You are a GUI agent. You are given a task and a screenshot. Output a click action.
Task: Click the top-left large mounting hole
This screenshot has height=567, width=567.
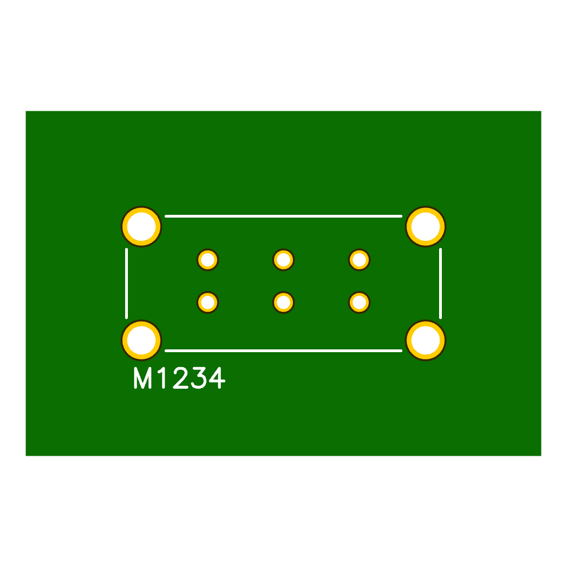(x=141, y=226)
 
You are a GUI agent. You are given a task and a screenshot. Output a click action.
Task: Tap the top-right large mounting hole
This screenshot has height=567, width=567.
(x=426, y=226)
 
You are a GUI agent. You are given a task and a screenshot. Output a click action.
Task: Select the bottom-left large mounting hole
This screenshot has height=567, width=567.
(x=141, y=340)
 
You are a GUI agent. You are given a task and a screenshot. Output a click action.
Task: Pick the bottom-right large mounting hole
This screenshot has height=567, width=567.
(x=426, y=340)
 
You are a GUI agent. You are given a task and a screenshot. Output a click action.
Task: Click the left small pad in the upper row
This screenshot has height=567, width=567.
(x=208, y=260)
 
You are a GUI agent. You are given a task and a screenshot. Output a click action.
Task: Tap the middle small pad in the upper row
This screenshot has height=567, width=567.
(x=283, y=260)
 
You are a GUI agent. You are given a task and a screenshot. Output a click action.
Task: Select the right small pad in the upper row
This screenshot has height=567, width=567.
(x=359, y=260)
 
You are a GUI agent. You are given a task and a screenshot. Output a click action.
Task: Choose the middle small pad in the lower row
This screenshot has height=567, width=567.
(x=283, y=302)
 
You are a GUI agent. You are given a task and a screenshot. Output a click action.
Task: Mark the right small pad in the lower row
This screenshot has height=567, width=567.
(x=359, y=302)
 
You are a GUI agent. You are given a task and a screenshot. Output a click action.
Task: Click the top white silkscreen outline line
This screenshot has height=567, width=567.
(x=283, y=216)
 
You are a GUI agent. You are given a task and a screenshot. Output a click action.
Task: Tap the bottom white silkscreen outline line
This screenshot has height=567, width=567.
(x=283, y=350)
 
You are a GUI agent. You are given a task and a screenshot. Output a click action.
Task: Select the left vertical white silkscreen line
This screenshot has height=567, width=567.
(x=127, y=283)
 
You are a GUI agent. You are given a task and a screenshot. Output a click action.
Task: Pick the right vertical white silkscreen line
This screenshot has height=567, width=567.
(x=440, y=283)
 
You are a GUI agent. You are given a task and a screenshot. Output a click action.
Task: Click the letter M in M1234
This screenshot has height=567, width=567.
(x=143, y=379)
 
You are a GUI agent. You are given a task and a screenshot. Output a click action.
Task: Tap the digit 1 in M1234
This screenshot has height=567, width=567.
(x=162, y=379)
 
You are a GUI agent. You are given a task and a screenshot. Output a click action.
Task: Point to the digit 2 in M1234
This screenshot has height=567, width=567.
(x=181, y=379)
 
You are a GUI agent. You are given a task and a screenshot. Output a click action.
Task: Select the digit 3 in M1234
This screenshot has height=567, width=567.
(x=199, y=379)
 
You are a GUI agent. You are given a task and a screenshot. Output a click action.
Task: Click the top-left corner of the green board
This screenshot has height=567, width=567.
(x=27, y=112)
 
